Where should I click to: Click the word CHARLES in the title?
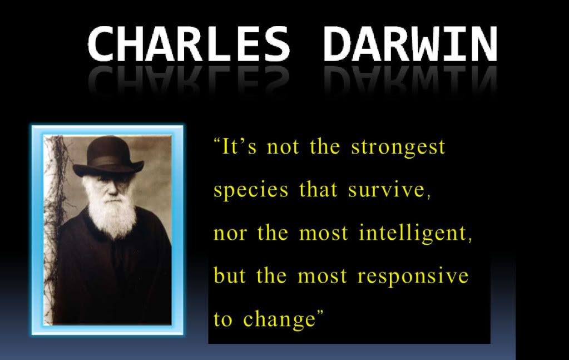(x=189, y=43)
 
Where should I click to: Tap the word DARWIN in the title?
(x=410, y=43)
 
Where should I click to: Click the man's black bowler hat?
(x=108, y=157)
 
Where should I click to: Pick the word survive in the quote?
(x=386, y=189)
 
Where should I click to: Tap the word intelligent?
(x=413, y=234)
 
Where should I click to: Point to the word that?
(x=318, y=189)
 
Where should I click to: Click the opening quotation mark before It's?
(x=217, y=141)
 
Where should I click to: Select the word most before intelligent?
(x=323, y=233)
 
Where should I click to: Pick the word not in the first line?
(x=283, y=147)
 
